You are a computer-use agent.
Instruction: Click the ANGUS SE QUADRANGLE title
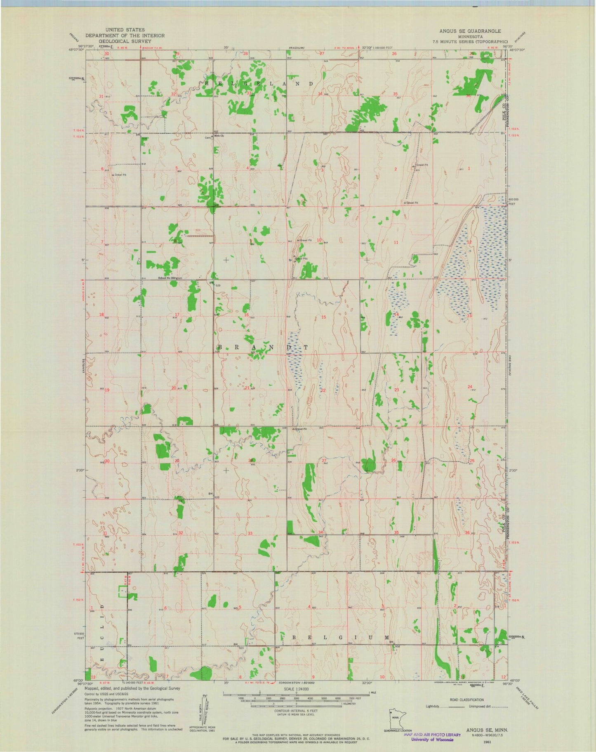[470, 31]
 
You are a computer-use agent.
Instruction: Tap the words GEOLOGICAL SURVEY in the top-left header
[124, 41]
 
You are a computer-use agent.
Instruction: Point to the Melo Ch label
[219, 136]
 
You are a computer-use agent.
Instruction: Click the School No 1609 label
[167, 278]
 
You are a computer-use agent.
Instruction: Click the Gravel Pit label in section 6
[120, 175]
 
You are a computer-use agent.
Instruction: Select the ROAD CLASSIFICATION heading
[466, 700]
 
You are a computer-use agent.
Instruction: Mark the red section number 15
[324, 317]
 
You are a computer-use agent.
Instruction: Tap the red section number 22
[323, 390]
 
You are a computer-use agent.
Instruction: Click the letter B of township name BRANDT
[219, 348]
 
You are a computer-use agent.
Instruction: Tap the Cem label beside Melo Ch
[208, 138]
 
